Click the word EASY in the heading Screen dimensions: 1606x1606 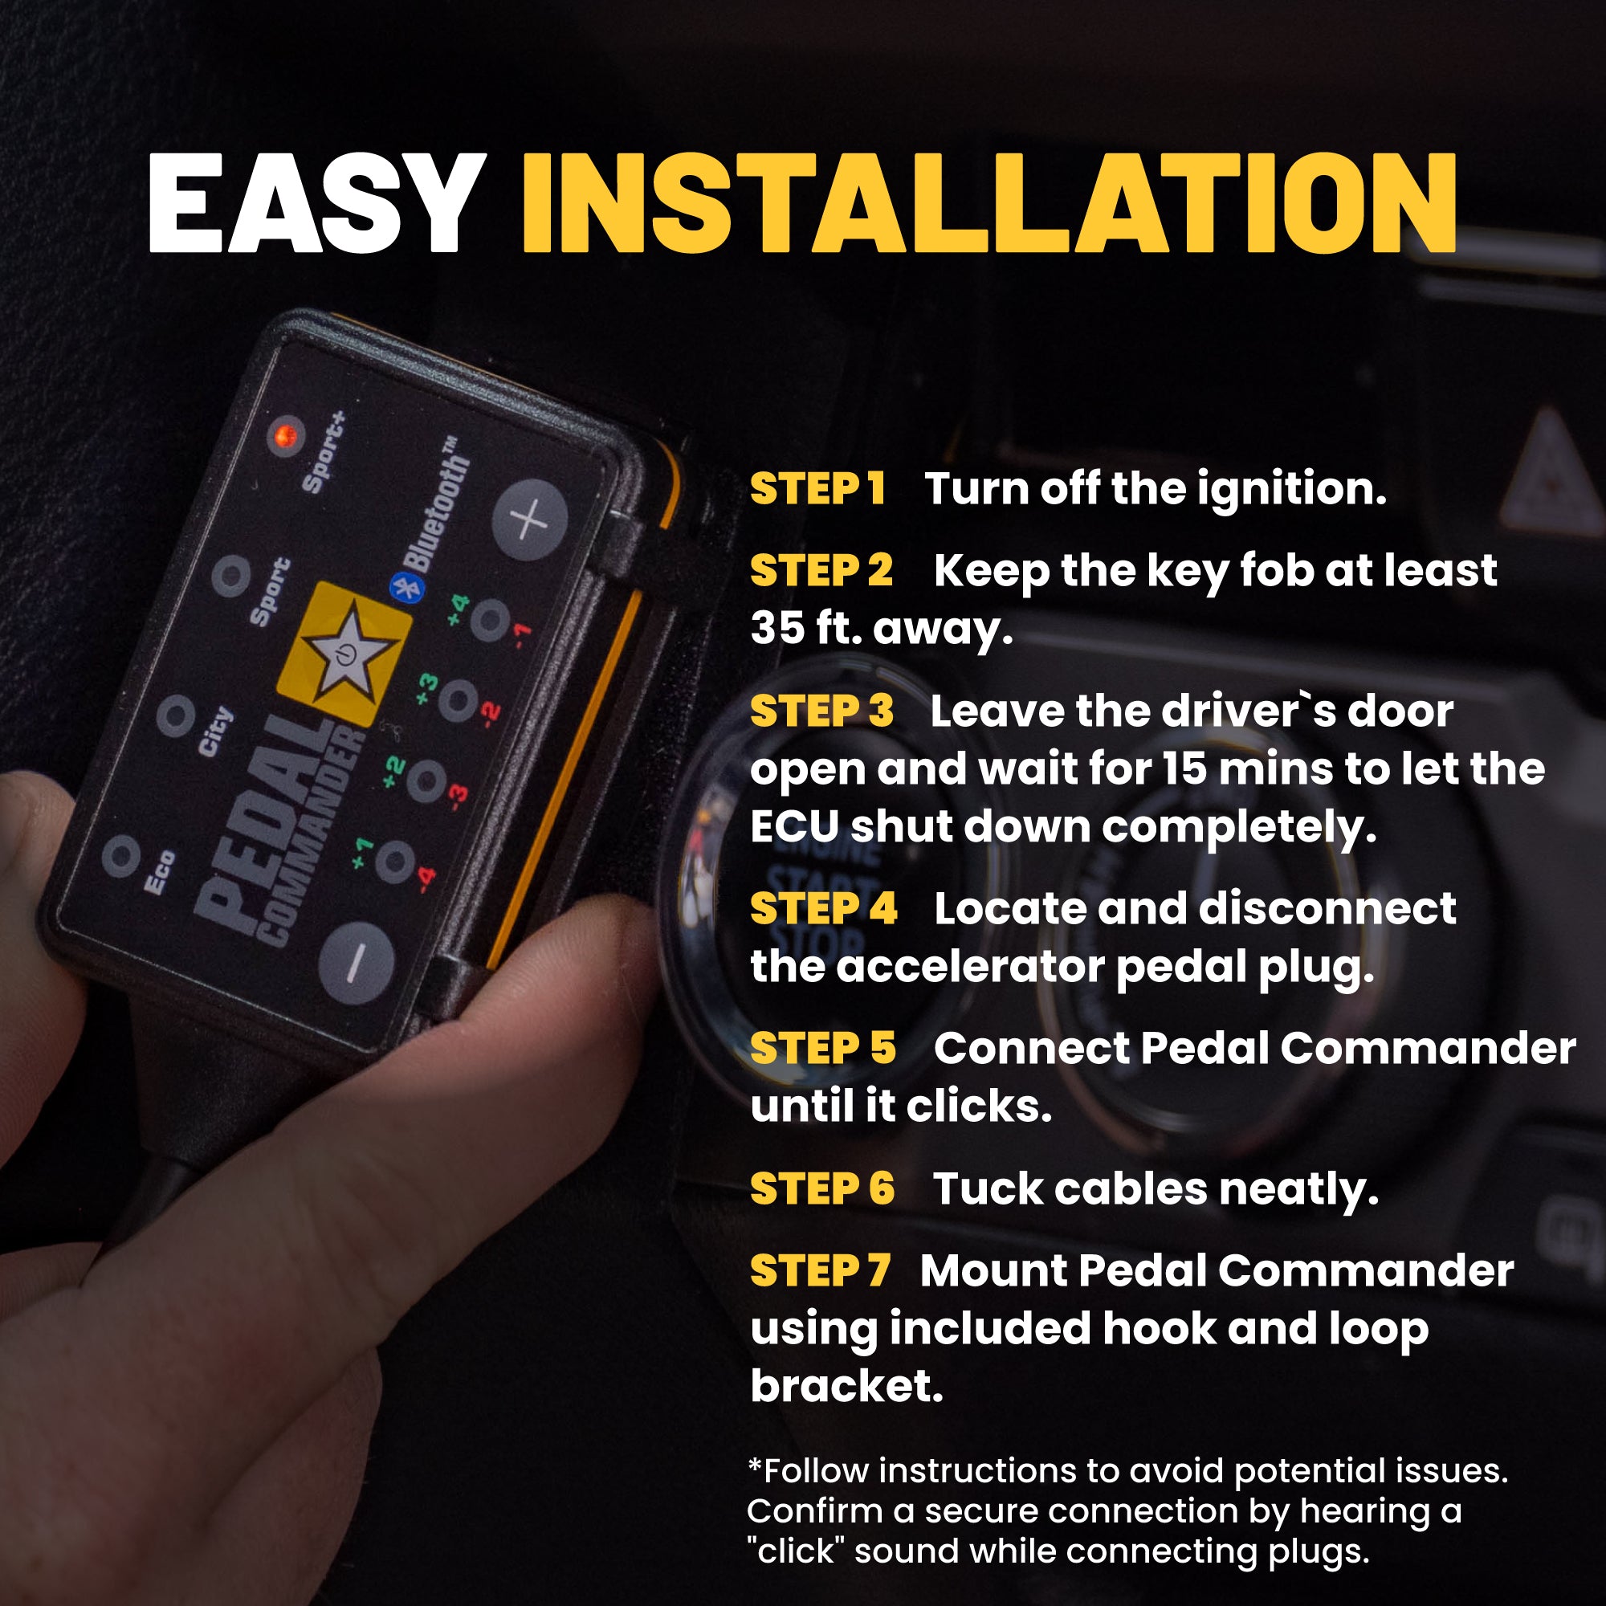tap(316, 204)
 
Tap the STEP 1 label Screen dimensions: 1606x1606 tap(817, 488)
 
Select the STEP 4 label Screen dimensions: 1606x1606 tap(823, 908)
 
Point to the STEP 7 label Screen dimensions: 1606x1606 tap(819, 1271)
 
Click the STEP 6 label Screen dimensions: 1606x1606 tap(821, 1188)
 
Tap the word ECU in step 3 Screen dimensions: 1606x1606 tap(793, 827)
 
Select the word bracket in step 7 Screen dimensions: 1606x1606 tap(846, 1386)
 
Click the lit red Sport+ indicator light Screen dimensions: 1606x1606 tap(286, 435)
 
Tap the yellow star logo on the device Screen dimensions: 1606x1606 tap(343, 652)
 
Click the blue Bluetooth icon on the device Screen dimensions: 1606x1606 tap(406, 588)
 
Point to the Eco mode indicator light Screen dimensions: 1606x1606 tap(121, 855)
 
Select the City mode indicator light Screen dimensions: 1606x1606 tap(175, 715)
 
